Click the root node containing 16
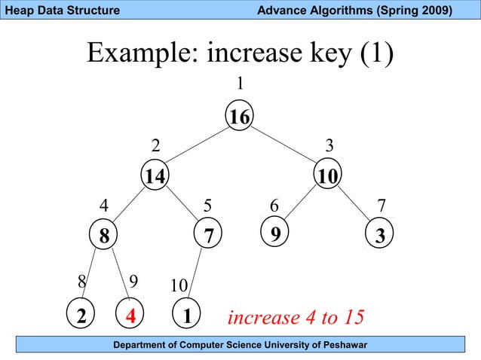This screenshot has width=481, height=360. point(240,117)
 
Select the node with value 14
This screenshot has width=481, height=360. point(156,176)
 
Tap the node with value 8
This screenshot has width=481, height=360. point(103,236)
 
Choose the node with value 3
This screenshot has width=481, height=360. point(380,236)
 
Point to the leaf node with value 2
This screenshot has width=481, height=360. point(79,316)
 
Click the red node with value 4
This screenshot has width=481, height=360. point(130,316)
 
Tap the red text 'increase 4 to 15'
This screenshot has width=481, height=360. point(296,317)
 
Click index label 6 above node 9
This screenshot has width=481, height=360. point(274,206)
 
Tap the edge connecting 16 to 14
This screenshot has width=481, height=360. point(198,146)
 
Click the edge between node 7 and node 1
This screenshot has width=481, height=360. point(198,275)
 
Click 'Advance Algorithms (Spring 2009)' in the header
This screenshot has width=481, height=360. point(354,11)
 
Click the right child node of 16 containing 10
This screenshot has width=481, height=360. point(328,176)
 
